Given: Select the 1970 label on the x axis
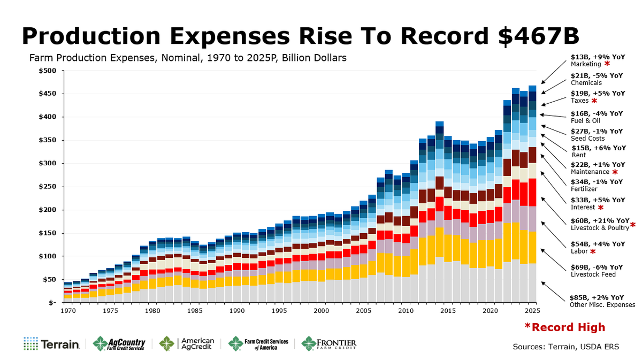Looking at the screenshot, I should (67, 311).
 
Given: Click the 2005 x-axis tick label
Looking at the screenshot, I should (363, 311).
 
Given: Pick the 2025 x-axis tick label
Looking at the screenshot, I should (532, 311).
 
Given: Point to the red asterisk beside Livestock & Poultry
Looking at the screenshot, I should (632, 225).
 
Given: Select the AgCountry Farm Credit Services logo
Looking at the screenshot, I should (119, 344).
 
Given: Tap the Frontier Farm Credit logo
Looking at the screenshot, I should (328, 344).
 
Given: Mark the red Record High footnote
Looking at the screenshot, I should (564, 327).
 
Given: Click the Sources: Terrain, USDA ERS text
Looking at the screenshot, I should (565, 347).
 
